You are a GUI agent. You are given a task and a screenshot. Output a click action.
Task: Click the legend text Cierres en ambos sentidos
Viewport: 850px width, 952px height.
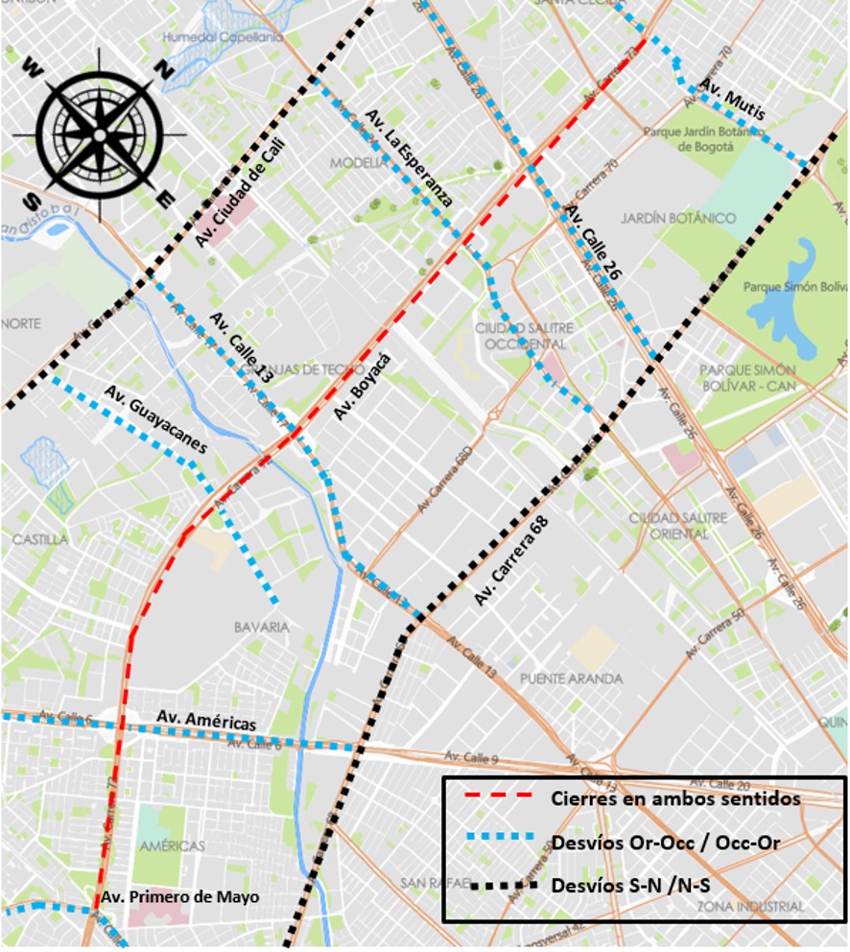pyautogui.click(x=675, y=798)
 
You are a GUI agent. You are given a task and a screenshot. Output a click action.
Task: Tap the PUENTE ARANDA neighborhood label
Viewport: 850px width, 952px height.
pyautogui.click(x=571, y=678)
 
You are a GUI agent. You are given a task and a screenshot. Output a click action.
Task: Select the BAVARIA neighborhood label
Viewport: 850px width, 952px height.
pyautogui.click(x=260, y=627)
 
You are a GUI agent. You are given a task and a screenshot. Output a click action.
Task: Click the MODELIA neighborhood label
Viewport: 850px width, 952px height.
pyautogui.click(x=358, y=163)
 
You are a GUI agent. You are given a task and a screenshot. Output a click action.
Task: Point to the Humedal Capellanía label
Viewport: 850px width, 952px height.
pyautogui.click(x=223, y=36)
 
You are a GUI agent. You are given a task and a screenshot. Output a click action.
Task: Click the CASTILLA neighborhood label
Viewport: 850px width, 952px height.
pyautogui.click(x=39, y=539)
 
